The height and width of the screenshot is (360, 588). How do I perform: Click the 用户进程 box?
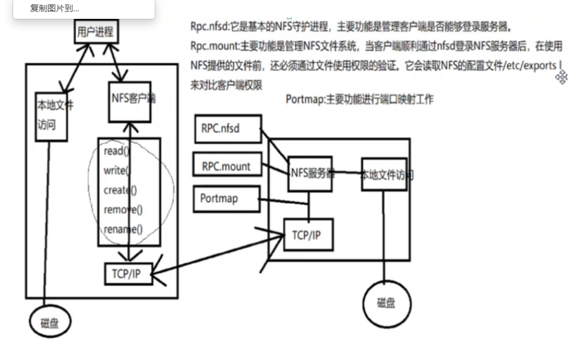pyautogui.click(x=96, y=32)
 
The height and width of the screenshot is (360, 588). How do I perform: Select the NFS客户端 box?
pyautogui.click(x=131, y=100)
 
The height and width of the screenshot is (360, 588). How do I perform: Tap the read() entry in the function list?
pyautogui.click(x=117, y=152)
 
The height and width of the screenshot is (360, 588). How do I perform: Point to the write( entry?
pyautogui.click(x=117, y=171)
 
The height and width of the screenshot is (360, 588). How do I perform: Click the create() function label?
pyautogui.click(x=120, y=190)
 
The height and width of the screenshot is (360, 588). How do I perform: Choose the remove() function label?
pyautogui.click(x=123, y=209)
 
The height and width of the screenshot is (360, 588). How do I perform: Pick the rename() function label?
pyautogui.click(x=123, y=229)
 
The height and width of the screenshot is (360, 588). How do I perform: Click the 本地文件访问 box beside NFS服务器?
pyautogui.click(x=384, y=175)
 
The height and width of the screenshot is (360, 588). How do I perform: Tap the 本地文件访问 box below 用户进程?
pyautogui.click(x=51, y=115)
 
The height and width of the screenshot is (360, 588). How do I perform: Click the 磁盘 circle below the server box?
pyautogui.click(x=386, y=303)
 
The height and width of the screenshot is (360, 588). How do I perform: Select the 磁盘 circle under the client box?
pyautogui.click(x=50, y=323)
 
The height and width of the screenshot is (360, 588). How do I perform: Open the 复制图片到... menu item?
pyautogui.click(x=55, y=9)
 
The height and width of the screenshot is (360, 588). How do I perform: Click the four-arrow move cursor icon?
pyautogui.click(x=562, y=78)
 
